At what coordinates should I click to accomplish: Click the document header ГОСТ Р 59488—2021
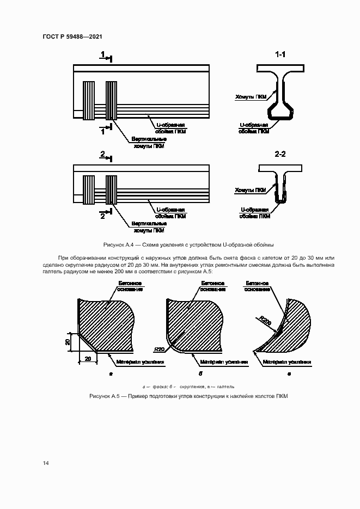point(72,36)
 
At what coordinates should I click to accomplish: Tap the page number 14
point(45,463)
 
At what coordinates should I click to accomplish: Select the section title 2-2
point(280,155)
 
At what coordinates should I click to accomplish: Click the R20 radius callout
point(159,348)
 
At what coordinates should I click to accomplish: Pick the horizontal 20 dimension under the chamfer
point(88,359)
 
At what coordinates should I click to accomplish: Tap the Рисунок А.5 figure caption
point(188,395)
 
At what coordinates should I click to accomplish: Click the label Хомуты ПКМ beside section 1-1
point(251,96)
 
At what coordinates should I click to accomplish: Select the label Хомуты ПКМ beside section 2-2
point(251,190)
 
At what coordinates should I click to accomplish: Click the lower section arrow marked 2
point(105,216)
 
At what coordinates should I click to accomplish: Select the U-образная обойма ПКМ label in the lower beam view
point(171,212)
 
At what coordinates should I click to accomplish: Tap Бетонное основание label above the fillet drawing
point(259,286)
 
